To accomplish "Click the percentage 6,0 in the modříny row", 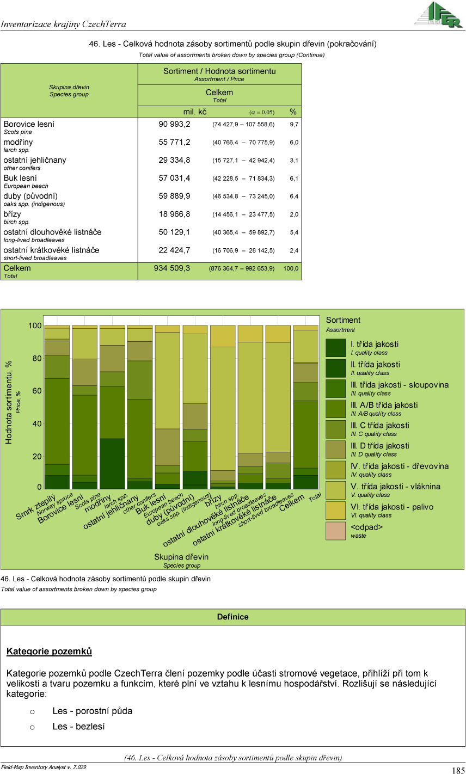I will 293,143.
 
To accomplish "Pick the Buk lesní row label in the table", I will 20,178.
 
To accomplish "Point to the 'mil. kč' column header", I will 194,112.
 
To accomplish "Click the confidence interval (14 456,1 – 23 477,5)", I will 243,214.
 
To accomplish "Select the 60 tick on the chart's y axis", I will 35,391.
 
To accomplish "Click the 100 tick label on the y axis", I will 35,326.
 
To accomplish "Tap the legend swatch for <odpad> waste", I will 335,531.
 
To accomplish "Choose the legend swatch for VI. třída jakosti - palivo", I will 335,511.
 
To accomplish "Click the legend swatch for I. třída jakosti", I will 335,348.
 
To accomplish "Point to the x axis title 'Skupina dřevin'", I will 181,557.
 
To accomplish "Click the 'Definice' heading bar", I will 232,617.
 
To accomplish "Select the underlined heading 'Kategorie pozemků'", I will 49,652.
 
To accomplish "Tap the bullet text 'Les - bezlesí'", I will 78,727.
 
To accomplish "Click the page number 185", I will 458,770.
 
